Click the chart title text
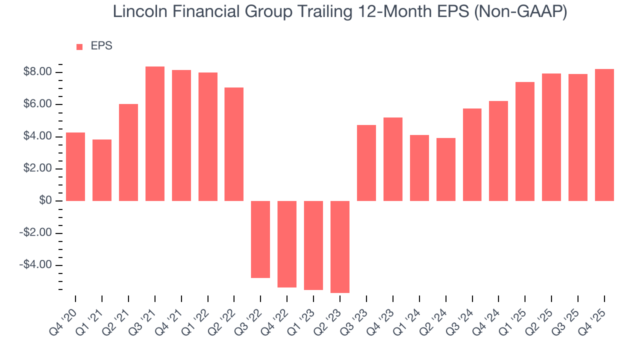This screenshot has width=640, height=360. click(x=340, y=11)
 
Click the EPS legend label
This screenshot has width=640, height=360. click(x=101, y=46)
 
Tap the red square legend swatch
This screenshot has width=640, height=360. click(x=79, y=46)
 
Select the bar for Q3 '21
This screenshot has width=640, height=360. click(x=155, y=133)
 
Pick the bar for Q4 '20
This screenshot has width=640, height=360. click(x=75, y=166)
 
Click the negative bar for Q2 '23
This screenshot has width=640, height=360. click(x=340, y=246)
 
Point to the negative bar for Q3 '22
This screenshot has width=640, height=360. click(x=260, y=239)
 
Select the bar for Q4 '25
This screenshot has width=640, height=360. click(x=604, y=135)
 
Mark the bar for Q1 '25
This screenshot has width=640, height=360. click(x=525, y=141)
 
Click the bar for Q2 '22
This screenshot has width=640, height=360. click(x=234, y=144)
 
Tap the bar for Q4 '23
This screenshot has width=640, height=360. click(x=393, y=159)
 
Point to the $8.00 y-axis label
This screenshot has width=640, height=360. click(x=38, y=72)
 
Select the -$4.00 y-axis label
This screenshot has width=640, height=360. click(x=35, y=265)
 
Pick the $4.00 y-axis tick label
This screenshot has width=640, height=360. click(x=38, y=136)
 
